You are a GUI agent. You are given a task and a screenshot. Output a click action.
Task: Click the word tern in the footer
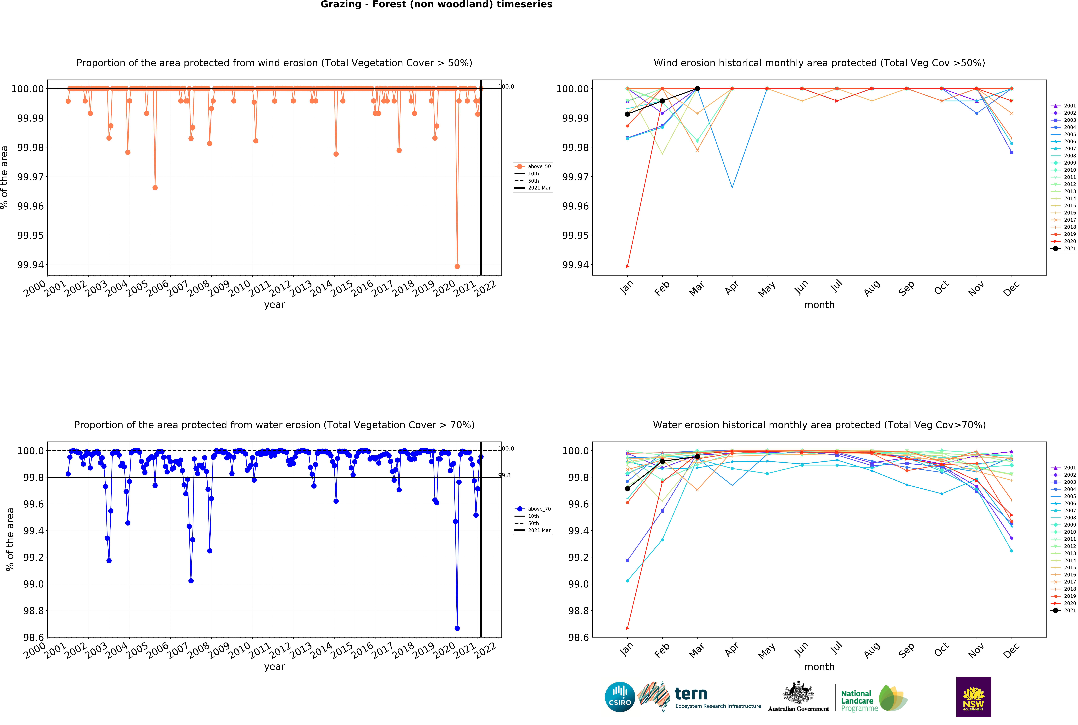[x=691, y=694]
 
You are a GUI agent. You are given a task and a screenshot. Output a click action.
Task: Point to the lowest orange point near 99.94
[x=457, y=266]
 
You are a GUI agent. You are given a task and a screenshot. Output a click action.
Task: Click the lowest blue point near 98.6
[x=457, y=628]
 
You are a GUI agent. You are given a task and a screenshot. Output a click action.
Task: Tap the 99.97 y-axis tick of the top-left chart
[x=31, y=177]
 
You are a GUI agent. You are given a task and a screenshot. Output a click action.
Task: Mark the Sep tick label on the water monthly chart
[x=906, y=650]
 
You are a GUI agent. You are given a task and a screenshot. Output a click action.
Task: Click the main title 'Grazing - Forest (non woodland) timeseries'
[x=436, y=5]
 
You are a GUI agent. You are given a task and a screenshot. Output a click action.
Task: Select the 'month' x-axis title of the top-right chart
[x=819, y=305]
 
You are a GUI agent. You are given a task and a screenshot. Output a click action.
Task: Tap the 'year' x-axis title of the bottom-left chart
[x=274, y=667]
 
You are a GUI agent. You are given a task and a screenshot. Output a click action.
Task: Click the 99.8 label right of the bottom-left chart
[x=504, y=475]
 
